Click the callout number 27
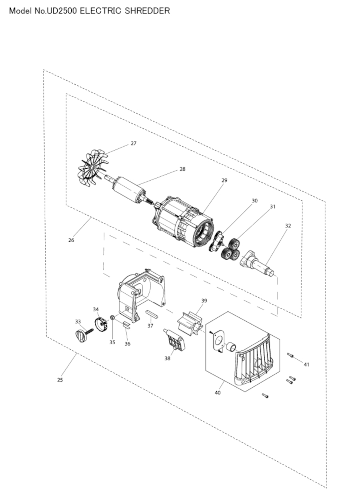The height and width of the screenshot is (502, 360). pos(134,143)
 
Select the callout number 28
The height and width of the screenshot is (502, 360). pos(182,169)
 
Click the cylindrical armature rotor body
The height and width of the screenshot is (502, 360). pos(128,189)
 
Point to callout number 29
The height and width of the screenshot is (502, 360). pos(224,180)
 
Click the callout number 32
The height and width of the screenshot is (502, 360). pos(288,226)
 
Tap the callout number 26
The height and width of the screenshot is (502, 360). pos(71,240)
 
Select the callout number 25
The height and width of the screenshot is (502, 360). pos(60,380)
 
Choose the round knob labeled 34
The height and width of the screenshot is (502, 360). pos(101,324)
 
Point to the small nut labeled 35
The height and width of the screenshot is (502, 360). pos(112,317)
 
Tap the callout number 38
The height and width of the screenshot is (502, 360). pos(167,359)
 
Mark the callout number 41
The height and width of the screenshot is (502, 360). pos(306,365)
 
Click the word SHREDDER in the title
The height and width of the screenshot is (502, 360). pos(147,11)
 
